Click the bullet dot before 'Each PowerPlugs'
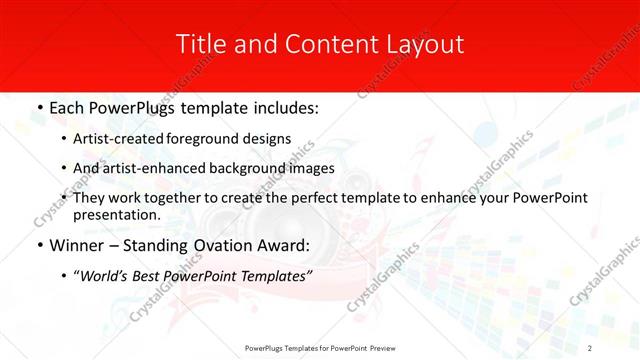[38, 105]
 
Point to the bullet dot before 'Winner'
[38, 243]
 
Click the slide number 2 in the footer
[590, 347]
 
